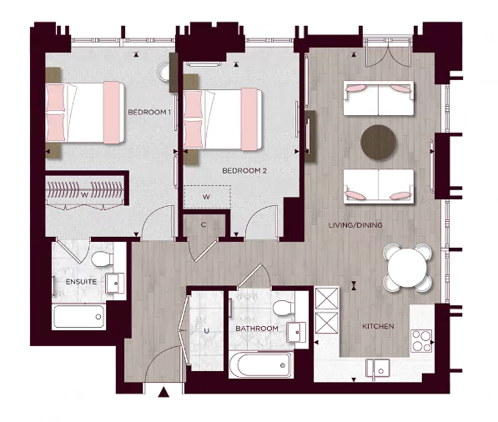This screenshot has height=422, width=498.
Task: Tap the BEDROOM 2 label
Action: click(244, 171)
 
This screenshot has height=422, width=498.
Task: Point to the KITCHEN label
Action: click(378, 326)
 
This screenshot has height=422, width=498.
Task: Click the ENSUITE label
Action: click(81, 282)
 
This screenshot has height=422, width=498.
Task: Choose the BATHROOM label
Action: click(256, 329)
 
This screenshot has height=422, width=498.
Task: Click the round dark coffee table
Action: click(380, 141)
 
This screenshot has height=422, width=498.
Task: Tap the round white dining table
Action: click(408, 267)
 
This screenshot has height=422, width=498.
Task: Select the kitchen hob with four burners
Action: click(420, 341)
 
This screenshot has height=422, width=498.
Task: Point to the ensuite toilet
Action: click(101, 259)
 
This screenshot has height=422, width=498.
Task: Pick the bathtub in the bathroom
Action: click(260, 364)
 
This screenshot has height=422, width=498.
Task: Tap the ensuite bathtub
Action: click(78, 317)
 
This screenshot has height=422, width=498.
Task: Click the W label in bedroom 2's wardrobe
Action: click(206, 197)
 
